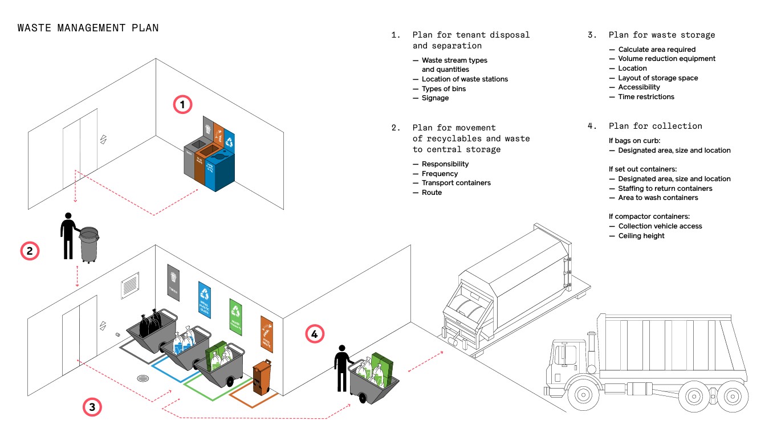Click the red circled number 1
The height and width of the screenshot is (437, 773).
point(182,105)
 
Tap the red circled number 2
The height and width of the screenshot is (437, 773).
point(30,251)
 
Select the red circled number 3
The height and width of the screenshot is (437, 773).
point(92,407)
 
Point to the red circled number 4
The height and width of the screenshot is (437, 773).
point(315,334)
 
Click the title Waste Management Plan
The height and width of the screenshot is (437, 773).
point(88,28)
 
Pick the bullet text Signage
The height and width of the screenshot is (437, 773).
point(435,98)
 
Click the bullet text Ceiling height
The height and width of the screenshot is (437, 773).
point(641,236)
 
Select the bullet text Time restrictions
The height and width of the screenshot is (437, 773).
point(646,97)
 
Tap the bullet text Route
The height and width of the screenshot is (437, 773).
point(432,193)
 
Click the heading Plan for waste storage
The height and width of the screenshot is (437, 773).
point(661,35)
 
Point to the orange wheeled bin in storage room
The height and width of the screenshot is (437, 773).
point(262,377)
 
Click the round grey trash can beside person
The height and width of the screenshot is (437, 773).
point(89,244)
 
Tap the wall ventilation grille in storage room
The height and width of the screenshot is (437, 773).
point(130,284)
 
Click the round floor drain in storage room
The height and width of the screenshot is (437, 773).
point(143,378)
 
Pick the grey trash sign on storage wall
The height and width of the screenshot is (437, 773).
point(174,281)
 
